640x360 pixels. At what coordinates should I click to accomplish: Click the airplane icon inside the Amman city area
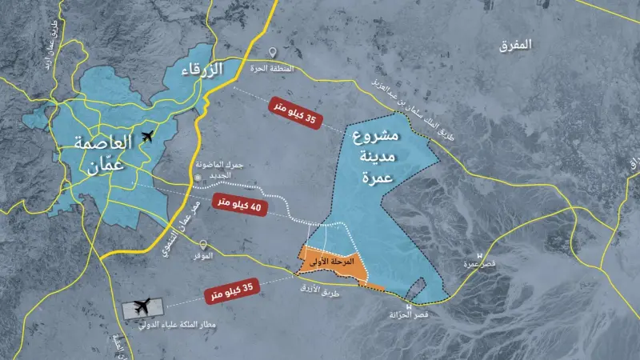click(x=146, y=138)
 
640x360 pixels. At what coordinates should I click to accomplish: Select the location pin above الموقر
click(x=205, y=245)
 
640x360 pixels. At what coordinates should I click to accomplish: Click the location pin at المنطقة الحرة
click(x=273, y=52)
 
